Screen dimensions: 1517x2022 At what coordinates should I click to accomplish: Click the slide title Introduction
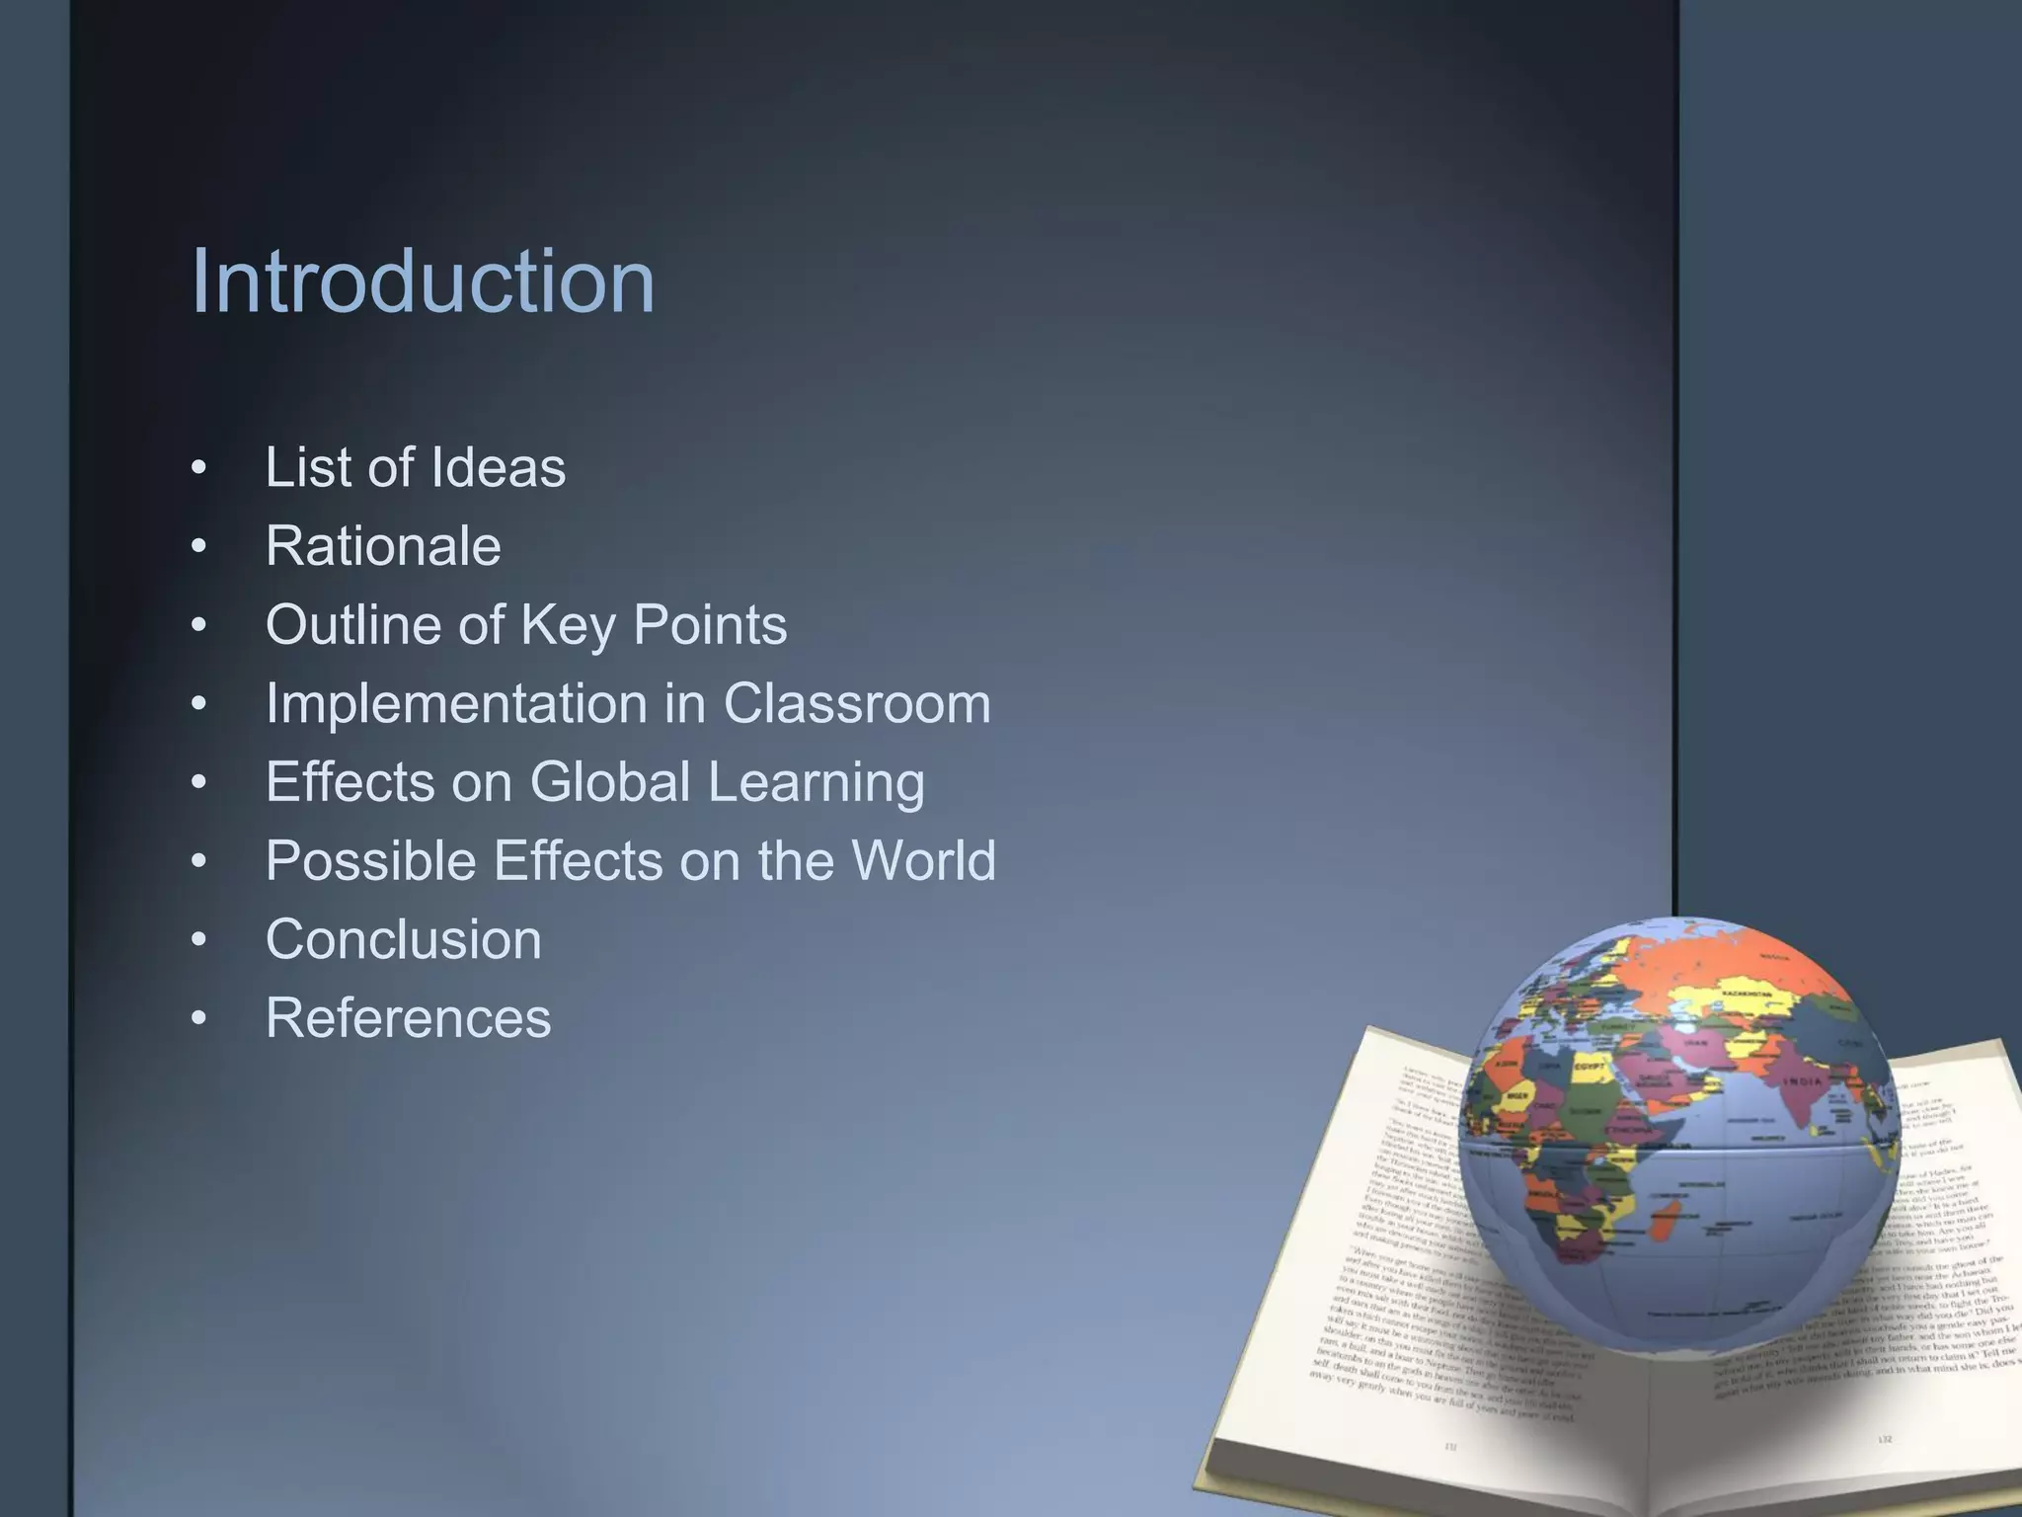coord(423,282)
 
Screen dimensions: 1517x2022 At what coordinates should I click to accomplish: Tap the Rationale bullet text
coord(383,546)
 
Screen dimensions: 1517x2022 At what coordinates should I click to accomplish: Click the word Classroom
coord(856,704)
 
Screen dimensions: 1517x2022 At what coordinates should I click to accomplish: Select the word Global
coord(609,782)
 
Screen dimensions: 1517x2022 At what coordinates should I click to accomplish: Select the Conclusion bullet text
coord(403,939)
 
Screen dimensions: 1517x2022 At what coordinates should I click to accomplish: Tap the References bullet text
coord(408,1018)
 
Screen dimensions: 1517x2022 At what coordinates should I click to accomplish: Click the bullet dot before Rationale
coord(199,546)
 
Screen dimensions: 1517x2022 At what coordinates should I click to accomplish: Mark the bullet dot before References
coord(199,1018)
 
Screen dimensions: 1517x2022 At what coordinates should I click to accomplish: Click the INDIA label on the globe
coord(1801,1080)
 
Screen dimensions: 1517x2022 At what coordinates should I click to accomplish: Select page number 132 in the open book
coord(1884,1439)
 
